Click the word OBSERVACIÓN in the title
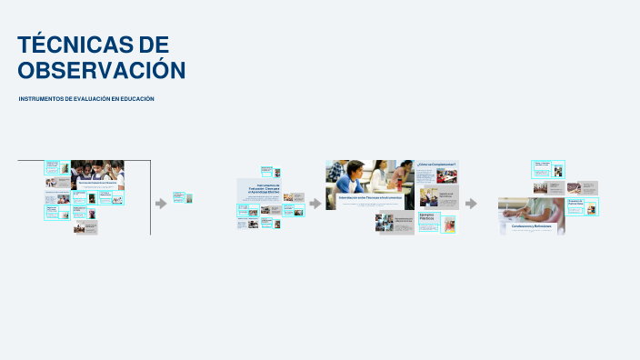[x=101, y=70]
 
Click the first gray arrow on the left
[x=161, y=203]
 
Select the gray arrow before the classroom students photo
[x=315, y=203]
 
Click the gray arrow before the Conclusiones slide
[x=471, y=203]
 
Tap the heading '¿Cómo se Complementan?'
[x=436, y=165]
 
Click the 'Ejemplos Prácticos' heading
[x=427, y=218]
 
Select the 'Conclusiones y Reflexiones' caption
[x=532, y=225]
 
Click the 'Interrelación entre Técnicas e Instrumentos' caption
[x=370, y=196]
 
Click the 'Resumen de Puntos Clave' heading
[x=575, y=203]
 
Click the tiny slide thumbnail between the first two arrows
[x=183, y=197]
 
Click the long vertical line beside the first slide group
[x=151, y=197]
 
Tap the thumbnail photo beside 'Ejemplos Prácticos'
[x=447, y=222]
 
